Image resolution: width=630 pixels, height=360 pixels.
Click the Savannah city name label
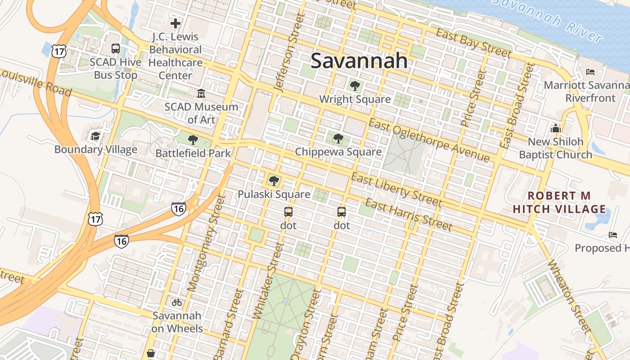point(359,61)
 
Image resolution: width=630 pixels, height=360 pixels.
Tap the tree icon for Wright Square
point(355,85)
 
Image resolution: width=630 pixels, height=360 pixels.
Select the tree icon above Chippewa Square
point(338,138)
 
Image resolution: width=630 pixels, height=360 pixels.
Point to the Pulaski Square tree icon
point(274,181)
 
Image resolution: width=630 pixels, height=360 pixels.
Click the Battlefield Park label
point(193,153)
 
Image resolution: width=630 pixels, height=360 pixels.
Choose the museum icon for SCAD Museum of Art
point(201,93)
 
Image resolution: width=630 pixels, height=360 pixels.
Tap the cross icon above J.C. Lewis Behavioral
point(175,23)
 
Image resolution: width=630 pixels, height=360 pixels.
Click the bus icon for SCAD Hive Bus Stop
point(116,49)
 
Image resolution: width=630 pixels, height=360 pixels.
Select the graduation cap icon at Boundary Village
point(95,136)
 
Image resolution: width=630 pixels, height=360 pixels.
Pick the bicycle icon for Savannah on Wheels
point(177,302)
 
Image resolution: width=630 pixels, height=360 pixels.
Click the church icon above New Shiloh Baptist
point(555,128)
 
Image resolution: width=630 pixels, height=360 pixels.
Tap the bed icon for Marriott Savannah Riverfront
point(590,72)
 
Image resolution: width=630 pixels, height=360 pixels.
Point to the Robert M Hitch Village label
point(559,202)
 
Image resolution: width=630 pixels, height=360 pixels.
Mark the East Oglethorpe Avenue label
point(429,140)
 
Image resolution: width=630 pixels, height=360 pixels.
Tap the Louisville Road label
point(36,83)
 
